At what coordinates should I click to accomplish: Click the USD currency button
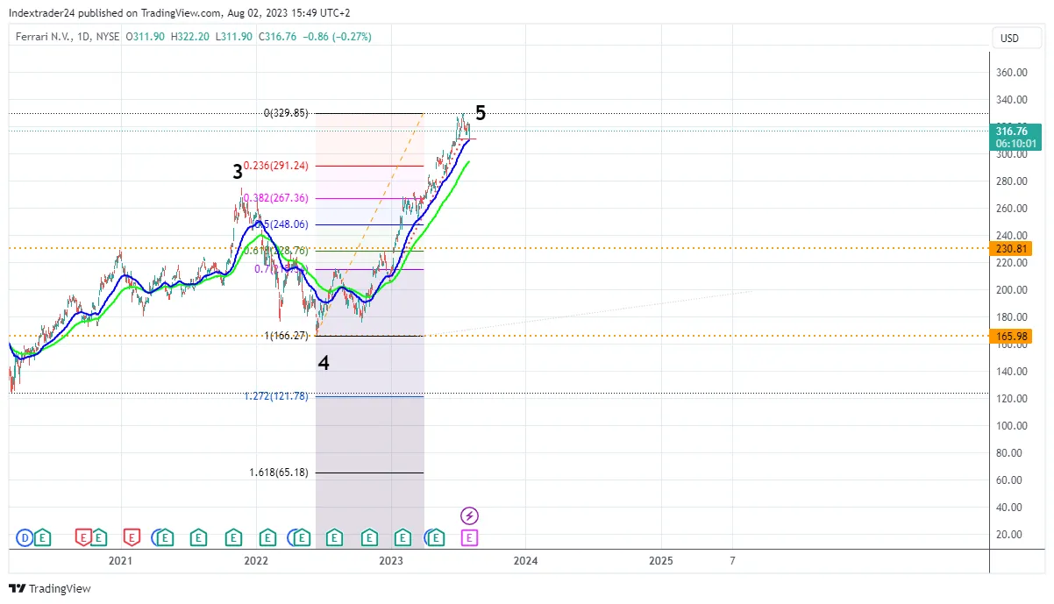(x=1010, y=38)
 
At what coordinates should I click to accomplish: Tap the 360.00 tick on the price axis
(x=1011, y=73)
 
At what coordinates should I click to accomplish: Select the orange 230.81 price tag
(x=1011, y=249)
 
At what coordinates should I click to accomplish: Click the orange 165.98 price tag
(x=1011, y=336)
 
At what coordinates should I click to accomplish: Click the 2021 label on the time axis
(x=120, y=560)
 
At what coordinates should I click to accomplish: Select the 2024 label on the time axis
(x=525, y=560)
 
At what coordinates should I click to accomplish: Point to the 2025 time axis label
(x=661, y=560)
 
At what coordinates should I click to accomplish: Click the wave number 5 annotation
(x=481, y=112)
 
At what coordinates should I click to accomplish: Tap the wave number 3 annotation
(x=238, y=172)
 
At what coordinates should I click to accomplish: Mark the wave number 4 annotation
(x=324, y=362)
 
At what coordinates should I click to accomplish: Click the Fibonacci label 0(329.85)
(x=286, y=113)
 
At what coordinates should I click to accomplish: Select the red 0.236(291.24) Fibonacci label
(x=275, y=166)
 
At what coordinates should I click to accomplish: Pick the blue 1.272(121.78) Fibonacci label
(x=276, y=396)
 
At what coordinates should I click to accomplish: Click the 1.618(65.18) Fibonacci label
(x=279, y=473)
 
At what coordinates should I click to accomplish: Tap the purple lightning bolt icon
(x=469, y=515)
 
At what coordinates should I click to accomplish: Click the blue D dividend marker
(x=25, y=536)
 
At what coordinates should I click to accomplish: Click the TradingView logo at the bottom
(x=50, y=588)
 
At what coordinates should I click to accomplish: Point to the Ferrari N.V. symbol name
(x=41, y=37)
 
